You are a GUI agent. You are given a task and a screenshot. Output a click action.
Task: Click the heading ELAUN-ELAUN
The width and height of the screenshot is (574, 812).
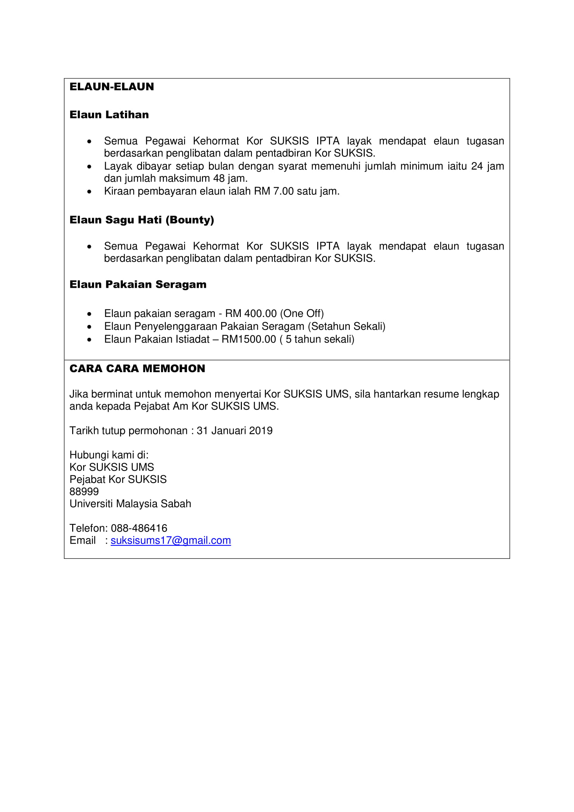click(x=112, y=87)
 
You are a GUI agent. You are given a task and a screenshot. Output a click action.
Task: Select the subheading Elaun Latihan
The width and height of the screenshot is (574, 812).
click(x=109, y=115)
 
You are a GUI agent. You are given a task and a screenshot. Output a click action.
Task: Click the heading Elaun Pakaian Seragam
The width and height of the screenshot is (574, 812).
click(x=138, y=284)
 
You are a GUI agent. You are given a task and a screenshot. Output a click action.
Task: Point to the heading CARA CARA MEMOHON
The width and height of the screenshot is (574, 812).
click(x=137, y=369)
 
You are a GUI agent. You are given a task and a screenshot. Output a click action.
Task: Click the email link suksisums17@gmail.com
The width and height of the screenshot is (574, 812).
click(x=171, y=541)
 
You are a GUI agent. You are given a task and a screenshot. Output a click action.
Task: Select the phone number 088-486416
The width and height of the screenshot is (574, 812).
click(x=139, y=528)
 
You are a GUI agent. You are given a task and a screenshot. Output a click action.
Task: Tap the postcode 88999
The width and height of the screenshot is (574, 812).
click(x=84, y=492)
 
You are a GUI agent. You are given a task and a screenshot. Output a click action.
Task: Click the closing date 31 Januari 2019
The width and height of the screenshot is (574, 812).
click(x=234, y=431)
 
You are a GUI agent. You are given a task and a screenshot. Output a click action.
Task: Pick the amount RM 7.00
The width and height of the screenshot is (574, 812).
click(x=273, y=191)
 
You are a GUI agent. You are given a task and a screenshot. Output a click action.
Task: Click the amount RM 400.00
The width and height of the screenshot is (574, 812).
click(x=251, y=314)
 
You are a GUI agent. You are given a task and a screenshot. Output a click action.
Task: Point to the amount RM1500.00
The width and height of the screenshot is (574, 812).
click(x=248, y=340)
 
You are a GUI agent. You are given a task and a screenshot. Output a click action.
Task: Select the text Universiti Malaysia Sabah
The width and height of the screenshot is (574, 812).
click(x=130, y=504)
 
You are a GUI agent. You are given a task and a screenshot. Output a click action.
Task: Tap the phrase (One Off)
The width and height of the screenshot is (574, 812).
click(x=302, y=314)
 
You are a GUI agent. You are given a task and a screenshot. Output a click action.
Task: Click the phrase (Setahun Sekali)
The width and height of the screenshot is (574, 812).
click(x=346, y=326)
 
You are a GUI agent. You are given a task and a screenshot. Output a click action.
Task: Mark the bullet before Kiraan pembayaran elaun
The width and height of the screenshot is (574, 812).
click(x=89, y=192)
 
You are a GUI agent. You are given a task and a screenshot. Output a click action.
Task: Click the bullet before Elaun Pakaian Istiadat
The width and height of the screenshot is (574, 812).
click(x=89, y=340)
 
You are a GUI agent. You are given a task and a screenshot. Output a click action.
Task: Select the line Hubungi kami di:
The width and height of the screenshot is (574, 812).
click(x=109, y=455)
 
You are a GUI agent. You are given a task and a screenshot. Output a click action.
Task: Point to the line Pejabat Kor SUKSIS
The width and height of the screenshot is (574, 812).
click(x=118, y=479)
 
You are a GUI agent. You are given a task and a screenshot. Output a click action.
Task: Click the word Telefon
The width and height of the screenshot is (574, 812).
click(x=88, y=528)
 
